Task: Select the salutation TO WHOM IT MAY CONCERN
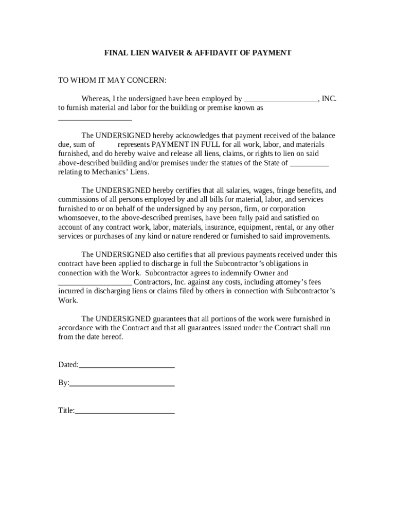pos(112,81)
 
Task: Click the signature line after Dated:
pos(127,366)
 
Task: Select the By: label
pos(63,383)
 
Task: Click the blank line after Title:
pos(124,411)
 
